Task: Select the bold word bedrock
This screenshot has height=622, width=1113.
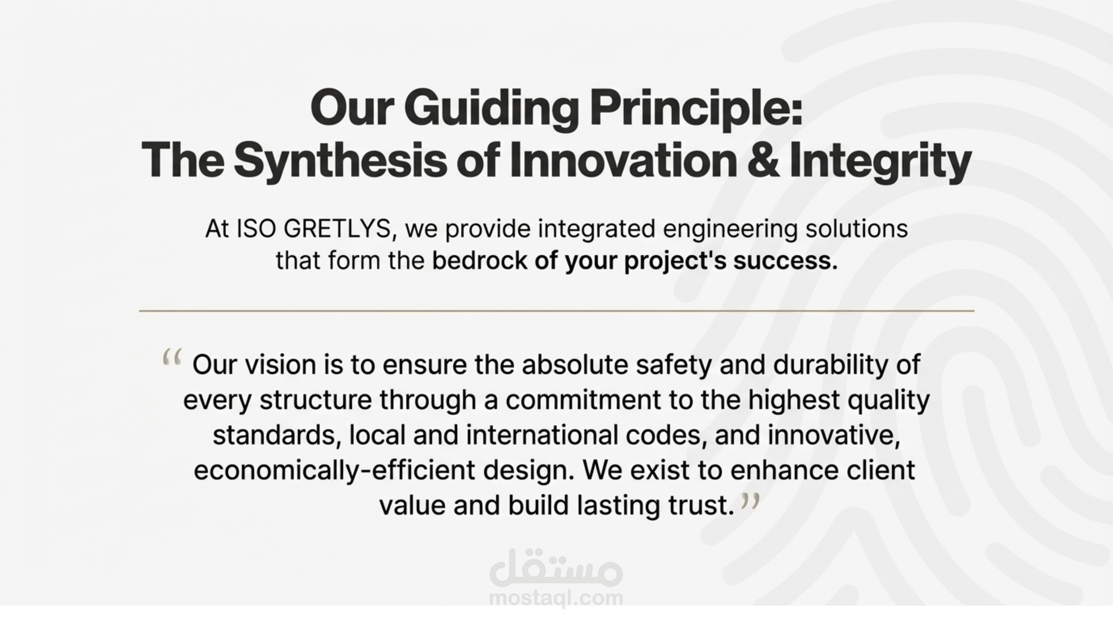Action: [479, 261]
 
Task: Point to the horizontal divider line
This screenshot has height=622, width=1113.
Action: [557, 311]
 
